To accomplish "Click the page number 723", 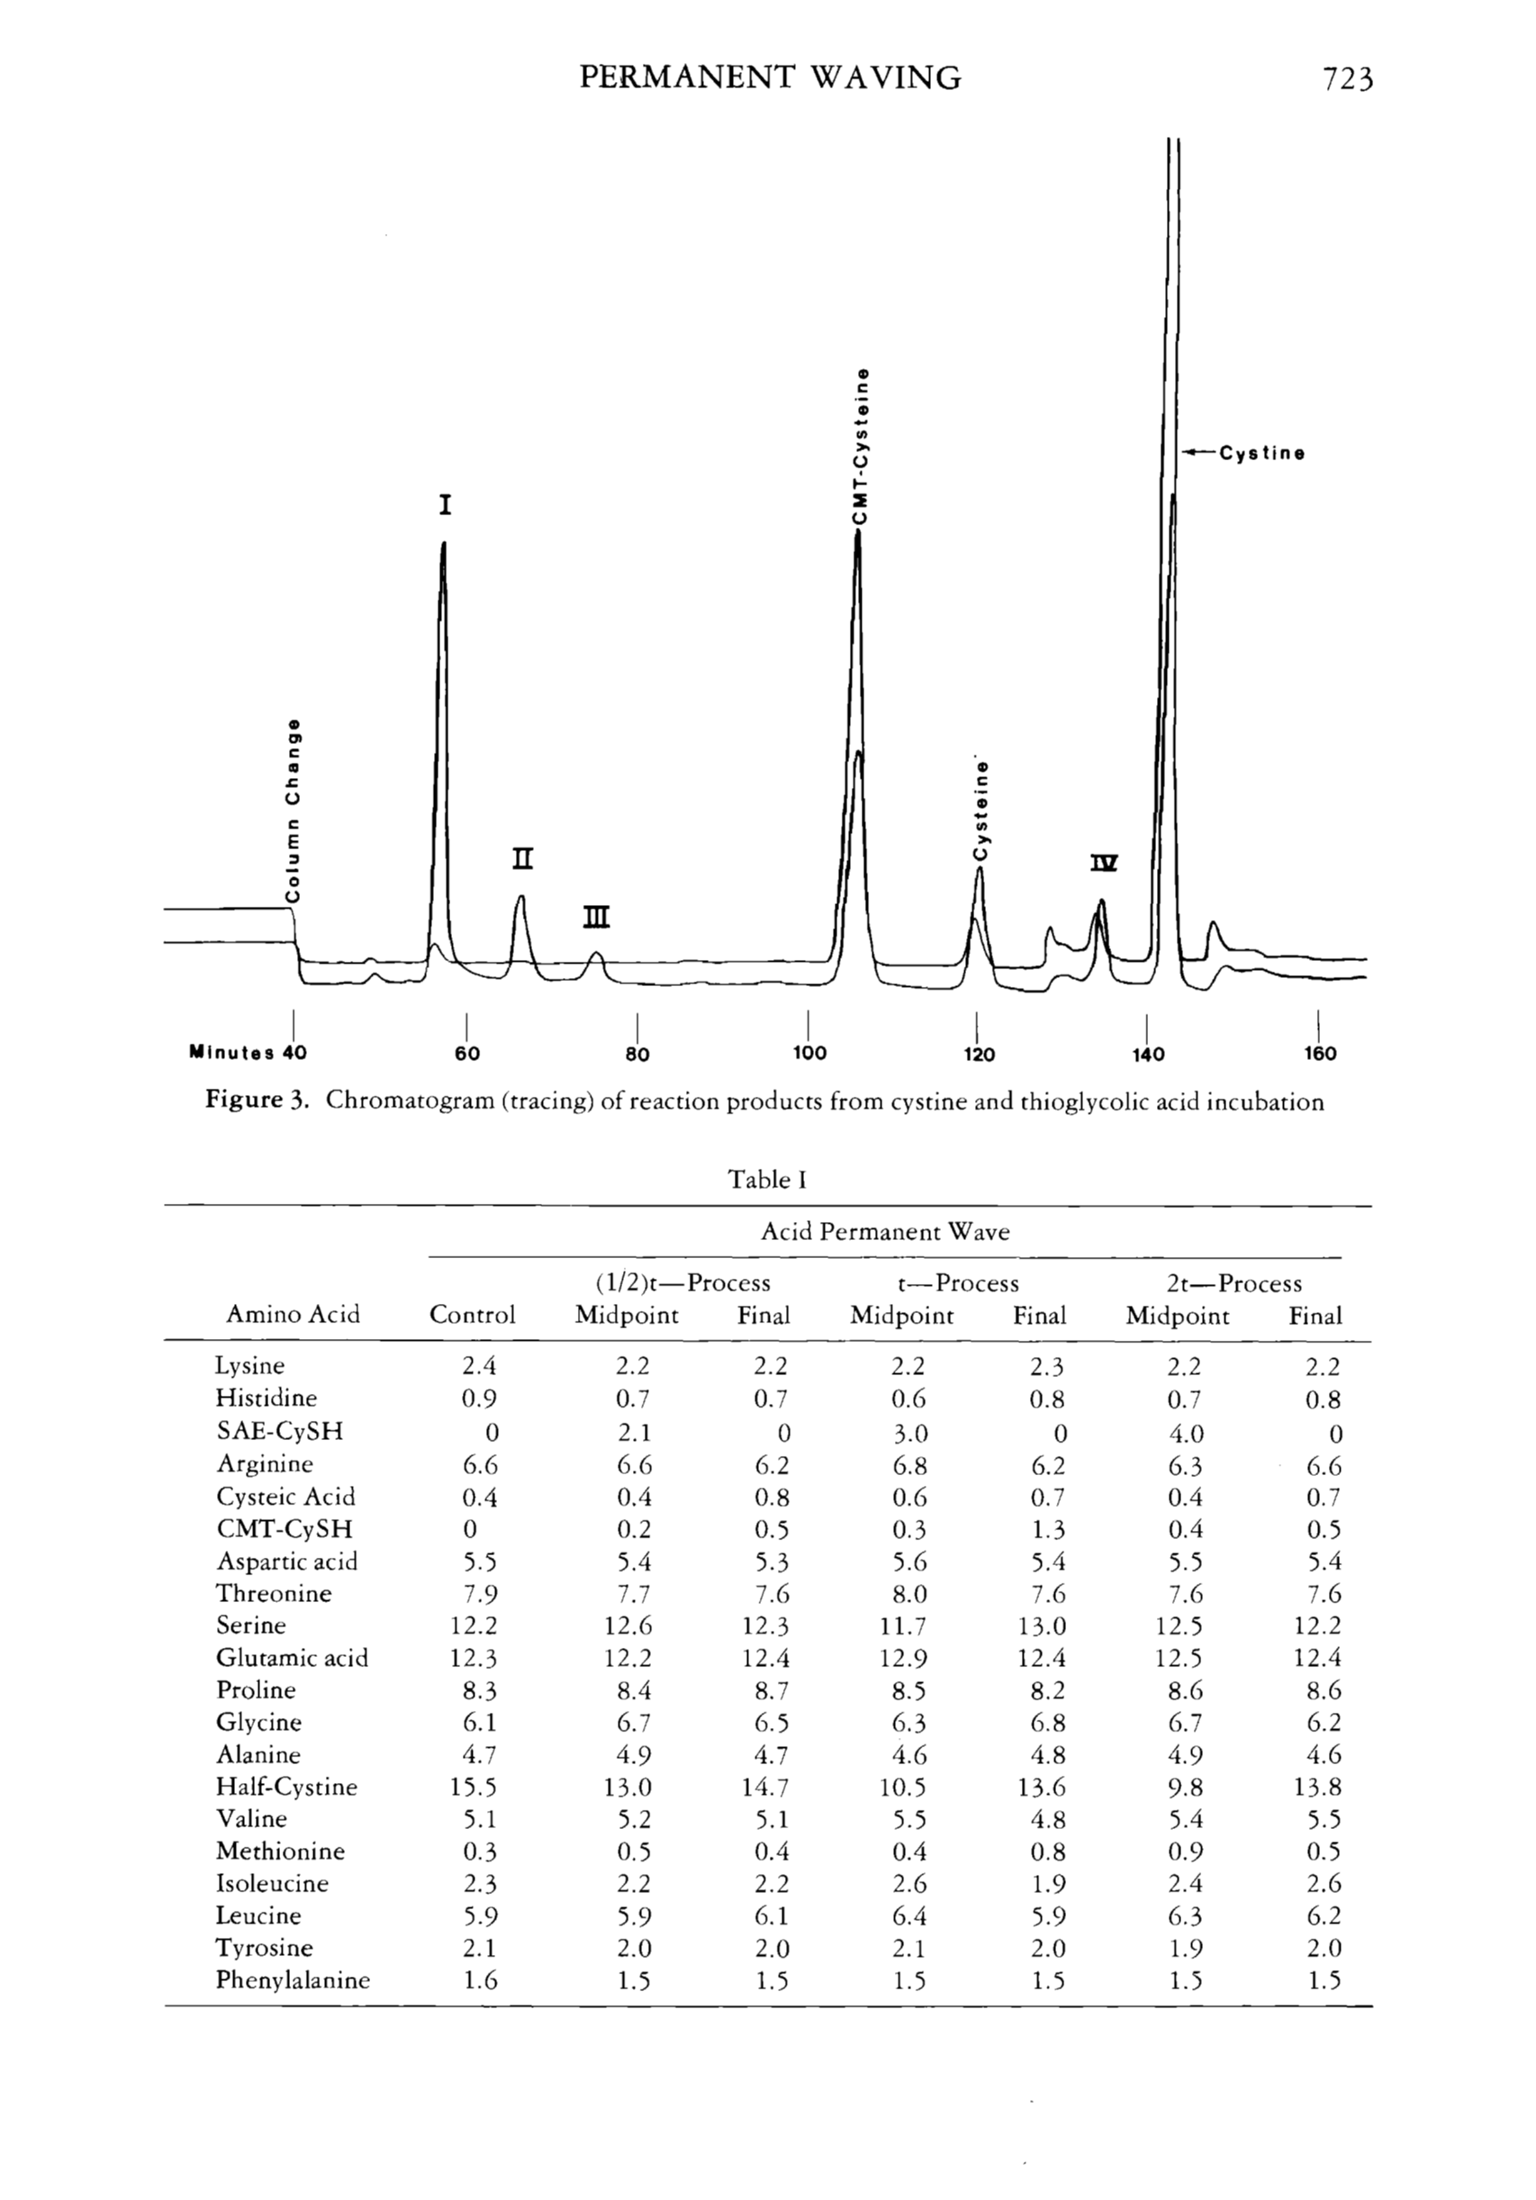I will pos(1347,78).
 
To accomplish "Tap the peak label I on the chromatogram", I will pos(444,505).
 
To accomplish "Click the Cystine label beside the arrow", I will pos(1261,453).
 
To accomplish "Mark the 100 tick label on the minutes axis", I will pos(809,1054).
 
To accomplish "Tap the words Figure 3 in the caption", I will pos(255,1101).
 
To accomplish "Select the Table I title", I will pos(766,1180).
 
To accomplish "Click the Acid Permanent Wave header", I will pos(884,1231).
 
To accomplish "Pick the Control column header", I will pos(472,1315).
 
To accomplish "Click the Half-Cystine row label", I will pos(285,1787).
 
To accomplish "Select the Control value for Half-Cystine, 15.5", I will pos(473,1787).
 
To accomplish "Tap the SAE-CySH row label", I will pos(279,1432).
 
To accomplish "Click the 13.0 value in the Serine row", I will pos(1040,1626).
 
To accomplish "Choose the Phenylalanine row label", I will pos(293,1980).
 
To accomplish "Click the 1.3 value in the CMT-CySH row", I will pos(1040,1529).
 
